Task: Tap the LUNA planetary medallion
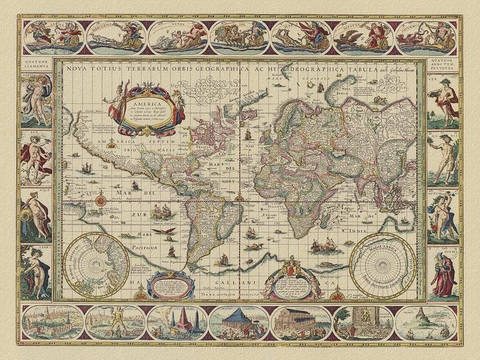(53, 38)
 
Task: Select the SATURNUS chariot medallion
(426, 38)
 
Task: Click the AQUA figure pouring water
(36, 216)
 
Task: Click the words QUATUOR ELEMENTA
(36, 64)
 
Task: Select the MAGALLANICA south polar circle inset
(383, 266)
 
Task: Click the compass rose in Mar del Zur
(101, 199)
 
